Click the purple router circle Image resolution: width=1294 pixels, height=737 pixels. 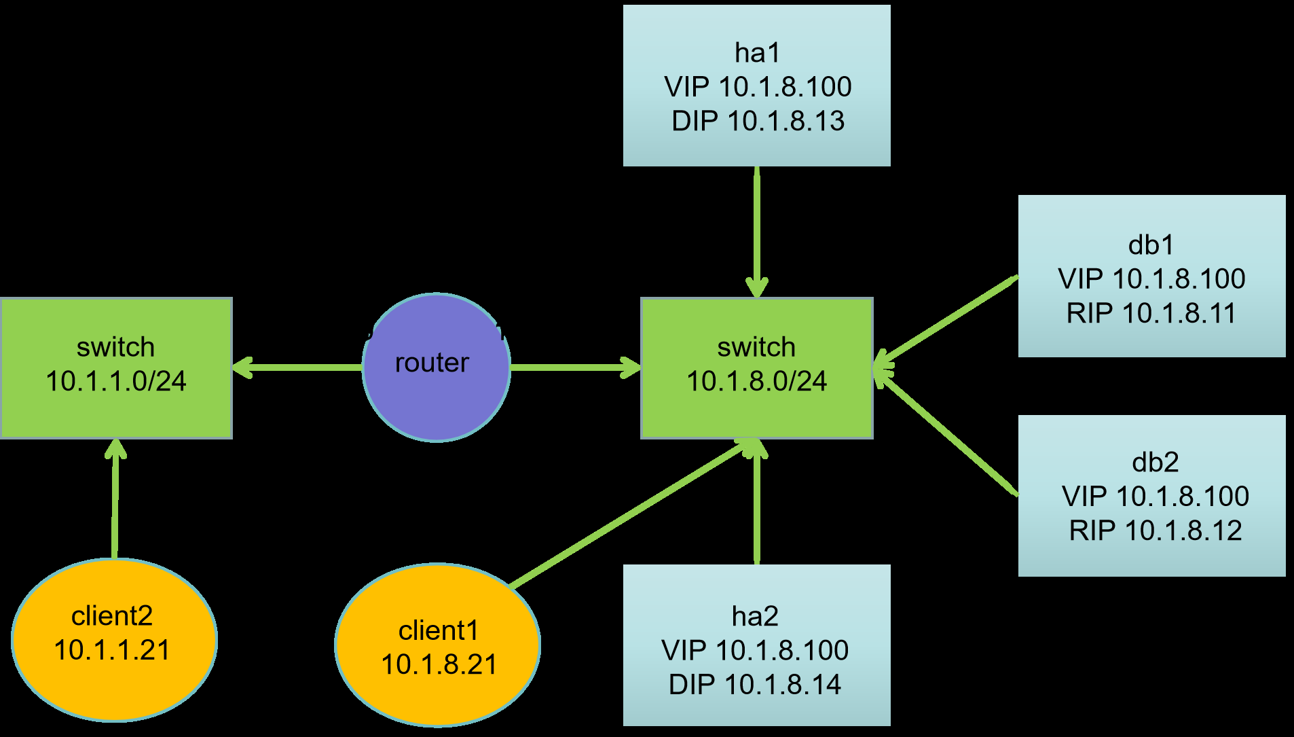tap(437, 367)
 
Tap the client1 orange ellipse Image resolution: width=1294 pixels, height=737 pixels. tap(438, 645)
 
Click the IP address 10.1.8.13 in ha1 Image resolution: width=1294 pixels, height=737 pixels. tap(786, 121)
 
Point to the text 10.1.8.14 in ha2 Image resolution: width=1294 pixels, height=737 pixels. tap(783, 684)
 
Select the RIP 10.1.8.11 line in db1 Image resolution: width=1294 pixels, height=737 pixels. tap(1151, 313)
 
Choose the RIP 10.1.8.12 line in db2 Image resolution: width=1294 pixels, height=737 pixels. tap(1156, 531)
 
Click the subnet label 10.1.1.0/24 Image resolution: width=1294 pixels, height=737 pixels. tap(116, 381)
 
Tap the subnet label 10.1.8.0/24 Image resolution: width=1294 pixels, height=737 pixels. tap(757, 381)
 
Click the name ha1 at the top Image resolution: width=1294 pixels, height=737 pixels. tap(758, 52)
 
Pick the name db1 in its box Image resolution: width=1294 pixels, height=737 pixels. tap(1151, 245)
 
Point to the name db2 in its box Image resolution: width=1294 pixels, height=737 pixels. tap(1156, 462)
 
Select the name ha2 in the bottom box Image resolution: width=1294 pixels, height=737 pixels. tap(755, 616)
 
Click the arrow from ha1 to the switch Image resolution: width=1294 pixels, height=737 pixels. tap(757, 232)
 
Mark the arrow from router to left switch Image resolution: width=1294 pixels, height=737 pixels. tap(297, 367)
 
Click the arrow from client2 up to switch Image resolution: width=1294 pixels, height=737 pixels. tap(115, 499)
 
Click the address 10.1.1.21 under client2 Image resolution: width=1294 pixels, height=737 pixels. tap(112, 650)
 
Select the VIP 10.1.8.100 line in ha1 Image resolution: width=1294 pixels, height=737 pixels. tap(758, 87)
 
